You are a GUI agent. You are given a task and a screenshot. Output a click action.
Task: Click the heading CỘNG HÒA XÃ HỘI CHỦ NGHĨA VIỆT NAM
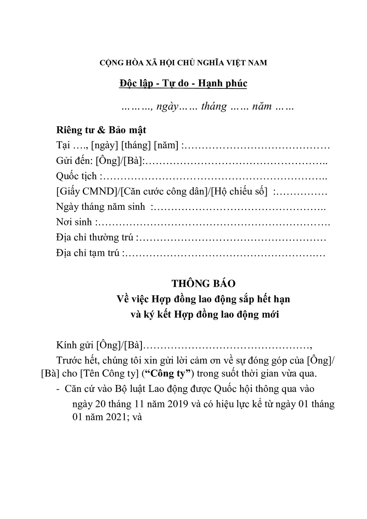tap(183, 63)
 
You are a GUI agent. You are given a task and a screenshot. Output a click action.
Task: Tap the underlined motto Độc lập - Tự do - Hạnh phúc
tap(183, 84)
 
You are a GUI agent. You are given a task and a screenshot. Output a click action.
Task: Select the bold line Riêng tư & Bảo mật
tap(101, 130)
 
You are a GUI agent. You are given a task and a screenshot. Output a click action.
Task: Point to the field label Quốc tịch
tap(77, 176)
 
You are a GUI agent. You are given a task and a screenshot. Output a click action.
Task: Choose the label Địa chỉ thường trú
tap(96, 238)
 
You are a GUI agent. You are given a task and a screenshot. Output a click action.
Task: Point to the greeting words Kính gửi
tap(75, 346)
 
